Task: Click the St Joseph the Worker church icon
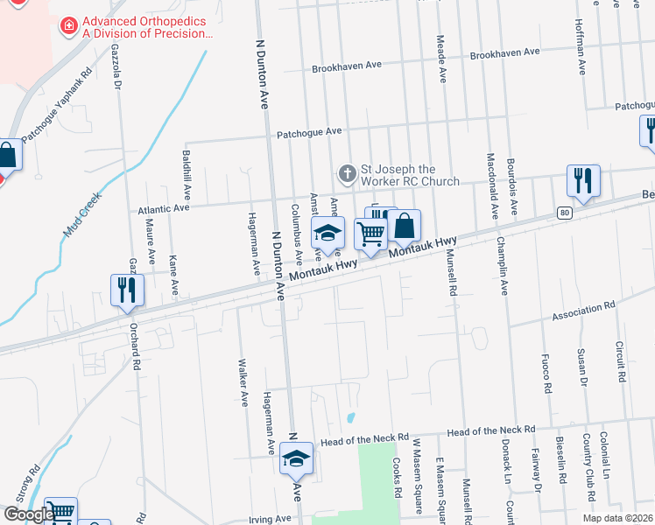click(x=348, y=172)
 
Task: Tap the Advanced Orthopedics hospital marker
click(x=68, y=27)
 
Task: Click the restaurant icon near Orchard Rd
click(x=128, y=290)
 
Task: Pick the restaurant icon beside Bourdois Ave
click(x=582, y=181)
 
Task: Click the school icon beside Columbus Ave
click(x=327, y=234)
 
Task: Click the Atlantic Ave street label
click(x=164, y=210)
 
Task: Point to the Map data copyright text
click(x=616, y=518)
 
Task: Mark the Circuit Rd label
click(x=619, y=362)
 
